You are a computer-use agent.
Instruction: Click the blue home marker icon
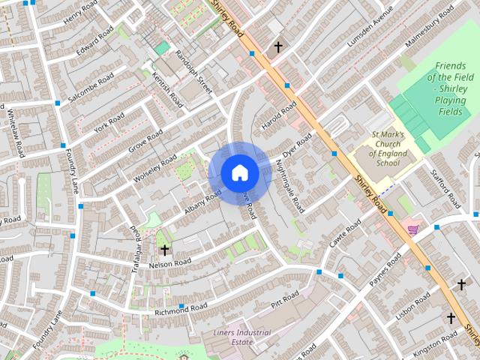[x=239, y=172]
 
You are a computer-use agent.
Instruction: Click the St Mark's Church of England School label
[x=388, y=148]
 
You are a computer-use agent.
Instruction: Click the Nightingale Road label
[x=289, y=184]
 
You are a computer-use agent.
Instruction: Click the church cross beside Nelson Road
[x=164, y=250]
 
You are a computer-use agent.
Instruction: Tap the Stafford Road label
[x=445, y=188]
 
